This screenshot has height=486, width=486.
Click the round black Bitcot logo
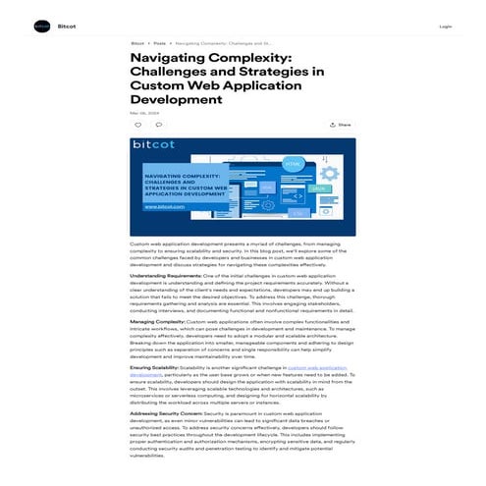(41, 27)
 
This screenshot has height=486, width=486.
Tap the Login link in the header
(445, 27)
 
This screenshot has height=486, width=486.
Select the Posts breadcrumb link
(159, 44)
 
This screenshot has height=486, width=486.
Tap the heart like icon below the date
(137, 125)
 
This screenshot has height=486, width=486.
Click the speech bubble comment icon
(158, 125)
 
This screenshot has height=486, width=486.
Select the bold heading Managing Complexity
(156, 321)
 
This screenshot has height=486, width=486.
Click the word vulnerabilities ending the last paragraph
(148, 456)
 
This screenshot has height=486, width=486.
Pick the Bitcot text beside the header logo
(67, 27)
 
